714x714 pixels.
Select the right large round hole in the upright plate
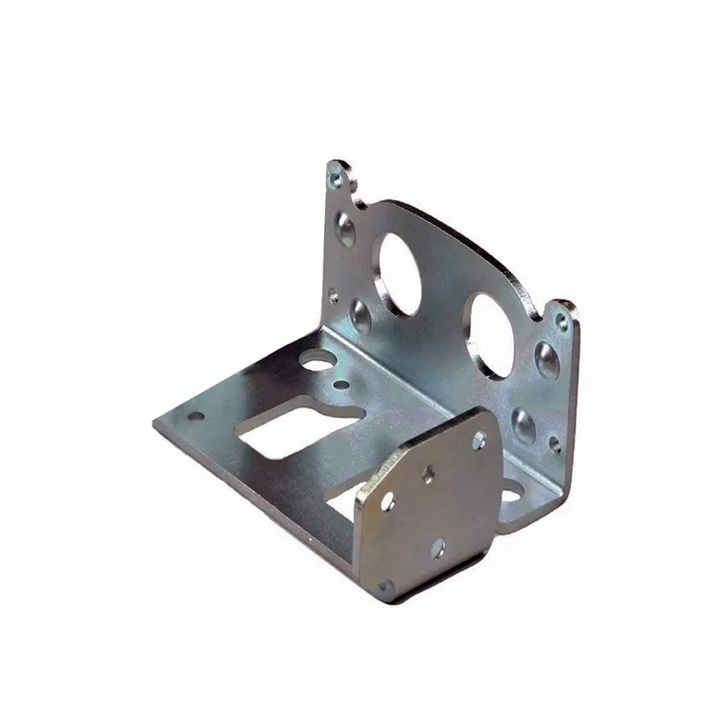point(491,336)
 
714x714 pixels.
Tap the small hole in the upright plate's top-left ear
point(336,178)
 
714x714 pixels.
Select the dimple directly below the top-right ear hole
point(547,359)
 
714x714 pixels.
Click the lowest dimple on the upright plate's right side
point(524,426)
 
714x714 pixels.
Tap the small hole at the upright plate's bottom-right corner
point(555,445)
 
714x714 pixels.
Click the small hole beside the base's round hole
point(342,386)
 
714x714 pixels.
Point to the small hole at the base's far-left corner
point(193,416)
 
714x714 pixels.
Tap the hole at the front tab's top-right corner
point(478,441)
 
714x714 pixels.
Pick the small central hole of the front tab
point(428,473)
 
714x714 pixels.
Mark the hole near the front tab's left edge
point(388,502)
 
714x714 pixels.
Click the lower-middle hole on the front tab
point(438,548)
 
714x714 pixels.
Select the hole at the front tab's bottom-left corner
point(386,587)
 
